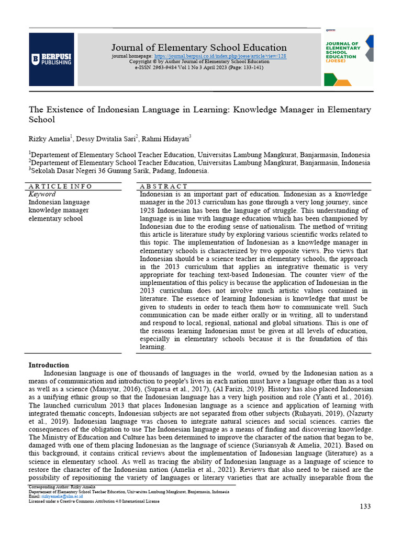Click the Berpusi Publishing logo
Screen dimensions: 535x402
(x=51, y=59)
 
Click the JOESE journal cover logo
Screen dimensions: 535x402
(x=348, y=59)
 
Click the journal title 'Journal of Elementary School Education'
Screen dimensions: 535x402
(x=199, y=48)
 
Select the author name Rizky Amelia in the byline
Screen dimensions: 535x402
(x=49, y=138)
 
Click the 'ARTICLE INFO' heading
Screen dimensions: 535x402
(x=60, y=186)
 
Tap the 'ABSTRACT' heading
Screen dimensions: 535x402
(x=163, y=186)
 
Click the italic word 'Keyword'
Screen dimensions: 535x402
(x=42, y=194)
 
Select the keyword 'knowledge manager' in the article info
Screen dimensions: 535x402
(x=59, y=210)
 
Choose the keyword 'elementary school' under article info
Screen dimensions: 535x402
(x=55, y=218)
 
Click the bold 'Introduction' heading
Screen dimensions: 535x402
(x=49, y=365)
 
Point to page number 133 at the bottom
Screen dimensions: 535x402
(x=364, y=507)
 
